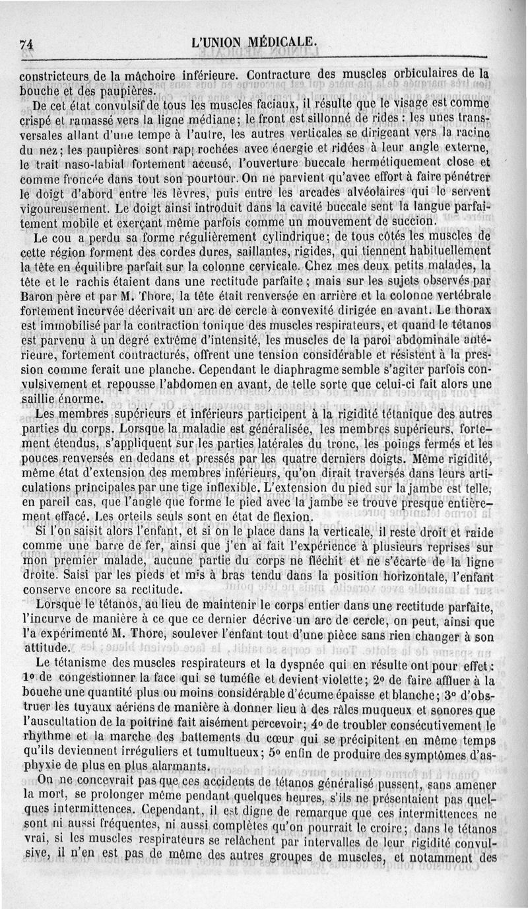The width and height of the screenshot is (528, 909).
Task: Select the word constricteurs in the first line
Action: tap(56, 75)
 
